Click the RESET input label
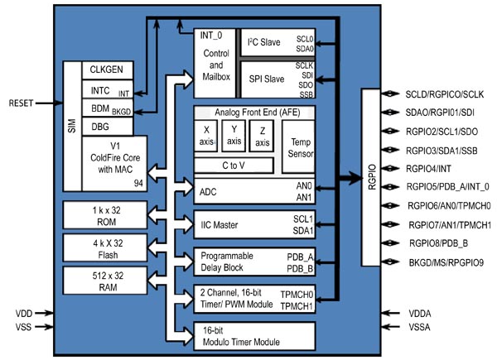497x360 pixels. (23, 103)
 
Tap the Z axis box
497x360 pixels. (262, 137)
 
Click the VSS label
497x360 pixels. (24, 329)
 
